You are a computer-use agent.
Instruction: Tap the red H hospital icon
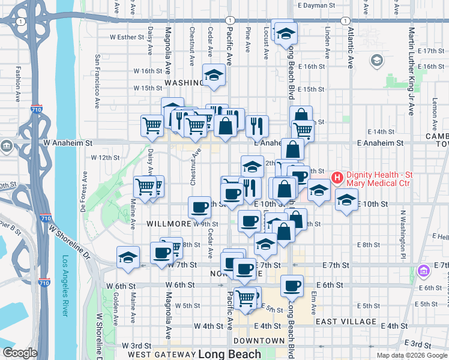337,178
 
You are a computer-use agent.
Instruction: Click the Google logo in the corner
20,353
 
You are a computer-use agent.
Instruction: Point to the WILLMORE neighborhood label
169,224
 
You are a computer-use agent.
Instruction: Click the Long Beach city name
229,353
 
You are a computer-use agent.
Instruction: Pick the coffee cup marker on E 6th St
292,286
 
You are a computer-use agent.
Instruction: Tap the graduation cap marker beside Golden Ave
128,256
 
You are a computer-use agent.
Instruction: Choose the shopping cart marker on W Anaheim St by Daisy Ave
152,125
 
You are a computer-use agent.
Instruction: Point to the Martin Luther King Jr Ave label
411,71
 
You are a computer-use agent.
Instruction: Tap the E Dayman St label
316,5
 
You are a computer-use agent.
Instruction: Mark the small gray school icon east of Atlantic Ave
376,60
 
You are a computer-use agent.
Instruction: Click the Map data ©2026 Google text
411,355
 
